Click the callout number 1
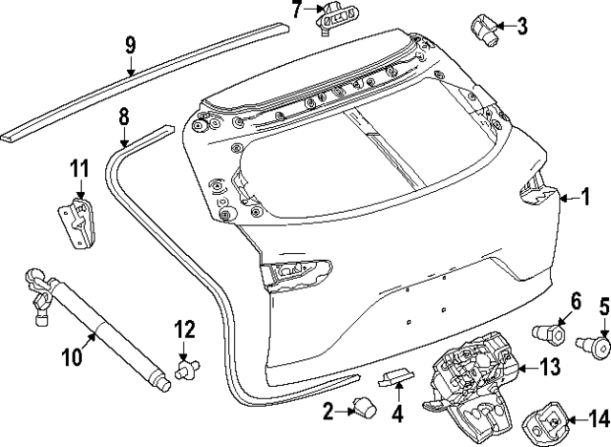tap(586, 198)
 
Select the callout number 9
tap(131, 45)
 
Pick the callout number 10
tap(74, 358)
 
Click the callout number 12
tap(184, 330)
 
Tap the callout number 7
tap(296, 11)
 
